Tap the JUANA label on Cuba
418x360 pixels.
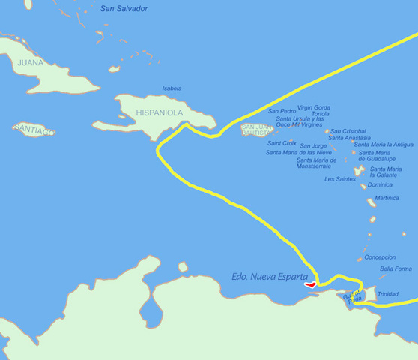pos(31,63)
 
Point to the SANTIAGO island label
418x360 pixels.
pos(34,130)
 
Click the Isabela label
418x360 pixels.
pos(172,88)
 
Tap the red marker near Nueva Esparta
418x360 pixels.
pos(310,284)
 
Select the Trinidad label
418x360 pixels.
pos(387,294)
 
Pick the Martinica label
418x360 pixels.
pos(387,199)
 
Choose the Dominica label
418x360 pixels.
pos(380,184)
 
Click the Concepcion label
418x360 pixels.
pos(380,256)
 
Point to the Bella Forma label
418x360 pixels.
pos(396,268)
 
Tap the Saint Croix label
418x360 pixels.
pos(282,142)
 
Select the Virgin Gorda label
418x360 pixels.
pos(313,107)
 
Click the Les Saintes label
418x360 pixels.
pos(340,179)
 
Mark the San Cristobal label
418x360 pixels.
pos(348,130)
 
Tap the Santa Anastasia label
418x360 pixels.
pos(349,138)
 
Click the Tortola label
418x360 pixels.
pos(320,114)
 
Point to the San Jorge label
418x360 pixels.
pos(313,145)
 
